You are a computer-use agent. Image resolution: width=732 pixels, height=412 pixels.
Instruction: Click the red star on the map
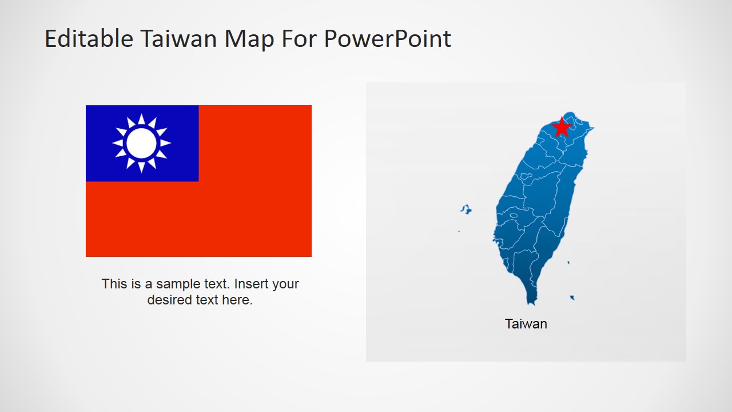[x=562, y=127]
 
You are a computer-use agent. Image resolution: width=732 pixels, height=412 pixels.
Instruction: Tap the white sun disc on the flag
[x=141, y=143]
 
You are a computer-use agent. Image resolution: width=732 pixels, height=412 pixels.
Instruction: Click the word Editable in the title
[x=89, y=38]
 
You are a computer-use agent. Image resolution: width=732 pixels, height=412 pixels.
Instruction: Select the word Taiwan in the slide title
[x=179, y=38]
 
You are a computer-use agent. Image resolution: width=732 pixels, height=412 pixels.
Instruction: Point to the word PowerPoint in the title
[x=388, y=39]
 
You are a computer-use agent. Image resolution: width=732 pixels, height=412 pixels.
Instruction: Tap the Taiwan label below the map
[x=526, y=324]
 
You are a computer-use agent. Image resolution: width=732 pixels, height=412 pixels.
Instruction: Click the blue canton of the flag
[x=142, y=143]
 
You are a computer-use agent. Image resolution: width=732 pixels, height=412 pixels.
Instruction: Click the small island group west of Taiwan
[x=466, y=209]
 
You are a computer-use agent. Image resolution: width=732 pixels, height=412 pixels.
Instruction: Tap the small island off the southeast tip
[x=572, y=298]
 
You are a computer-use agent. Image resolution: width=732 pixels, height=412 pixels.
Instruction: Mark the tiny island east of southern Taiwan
[x=568, y=263]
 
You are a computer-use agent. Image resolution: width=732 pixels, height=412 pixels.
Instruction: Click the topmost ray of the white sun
[x=141, y=118]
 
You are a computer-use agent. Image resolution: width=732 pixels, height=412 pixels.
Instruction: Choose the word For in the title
[x=299, y=38]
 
